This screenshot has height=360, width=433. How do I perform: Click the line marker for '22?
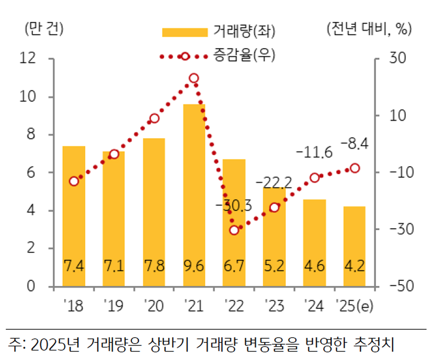234,230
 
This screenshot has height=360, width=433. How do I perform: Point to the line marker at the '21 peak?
194,78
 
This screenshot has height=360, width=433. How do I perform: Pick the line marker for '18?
74,181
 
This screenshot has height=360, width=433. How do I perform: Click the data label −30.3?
233,207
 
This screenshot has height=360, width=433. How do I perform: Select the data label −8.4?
354,145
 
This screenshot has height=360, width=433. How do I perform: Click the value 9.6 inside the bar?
194,267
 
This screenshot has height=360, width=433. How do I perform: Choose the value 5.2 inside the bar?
274,267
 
